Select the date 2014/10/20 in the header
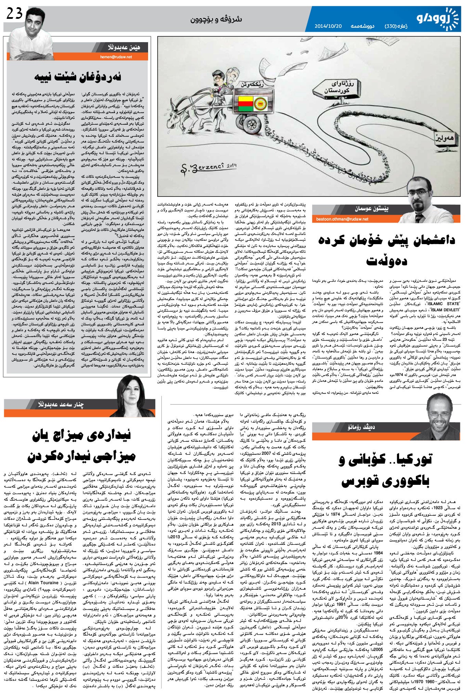(x=328, y=26)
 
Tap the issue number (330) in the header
(x=392, y=26)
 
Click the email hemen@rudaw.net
(x=116, y=57)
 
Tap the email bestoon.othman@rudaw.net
(x=342, y=219)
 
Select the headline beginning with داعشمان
(x=386, y=249)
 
